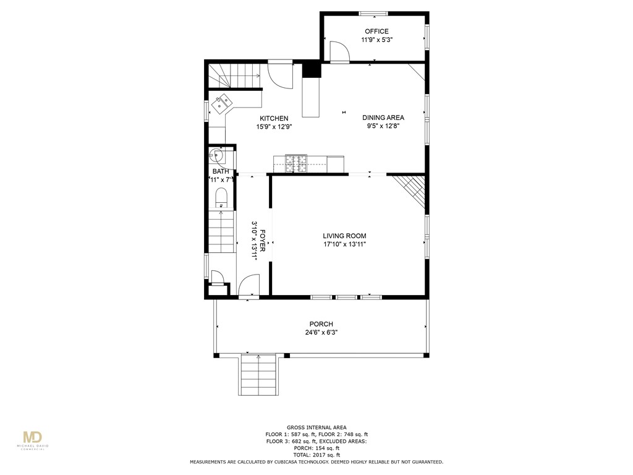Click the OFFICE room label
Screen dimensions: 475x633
[376, 32]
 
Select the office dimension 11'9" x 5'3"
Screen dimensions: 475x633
[377, 40]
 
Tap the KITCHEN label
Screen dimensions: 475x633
[274, 118]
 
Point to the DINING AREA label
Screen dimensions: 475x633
[383, 118]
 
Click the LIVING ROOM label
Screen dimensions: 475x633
[344, 236]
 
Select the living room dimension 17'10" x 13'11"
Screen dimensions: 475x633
[344, 244]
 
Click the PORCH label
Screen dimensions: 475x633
[321, 324]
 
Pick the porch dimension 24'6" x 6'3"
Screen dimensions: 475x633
[321, 332]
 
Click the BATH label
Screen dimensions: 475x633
[221, 171]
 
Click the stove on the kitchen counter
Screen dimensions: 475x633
[295, 162]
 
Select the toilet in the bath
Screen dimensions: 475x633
[221, 198]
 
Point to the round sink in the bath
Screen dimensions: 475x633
[217, 155]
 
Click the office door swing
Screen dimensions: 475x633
[339, 52]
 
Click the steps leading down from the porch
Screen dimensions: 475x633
[258, 375]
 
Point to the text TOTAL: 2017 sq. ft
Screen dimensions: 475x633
[316, 455]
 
